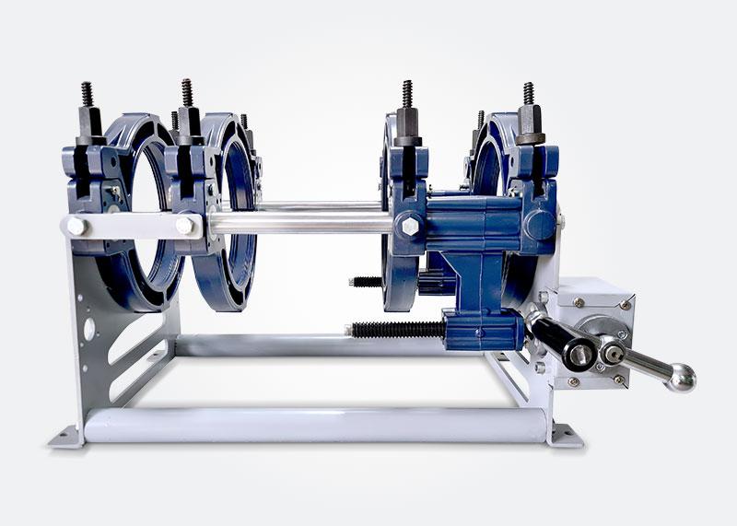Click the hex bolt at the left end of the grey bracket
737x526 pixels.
(x=76, y=225)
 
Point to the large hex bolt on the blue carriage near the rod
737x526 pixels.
(x=406, y=224)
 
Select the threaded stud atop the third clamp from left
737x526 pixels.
(x=406, y=94)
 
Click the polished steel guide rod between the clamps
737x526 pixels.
(x=304, y=221)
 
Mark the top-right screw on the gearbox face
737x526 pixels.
(x=625, y=304)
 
